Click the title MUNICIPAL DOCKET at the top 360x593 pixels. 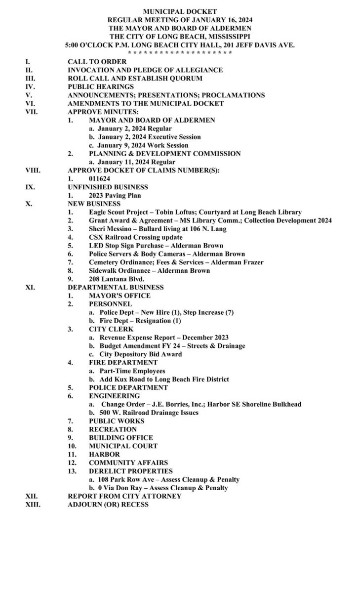click(180, 11)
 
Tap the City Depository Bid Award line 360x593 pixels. click(140, 354)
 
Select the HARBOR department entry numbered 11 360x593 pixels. click(104, 454)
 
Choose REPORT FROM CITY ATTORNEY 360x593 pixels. click(124, 496)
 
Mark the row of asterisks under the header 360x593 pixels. click(180, 53)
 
